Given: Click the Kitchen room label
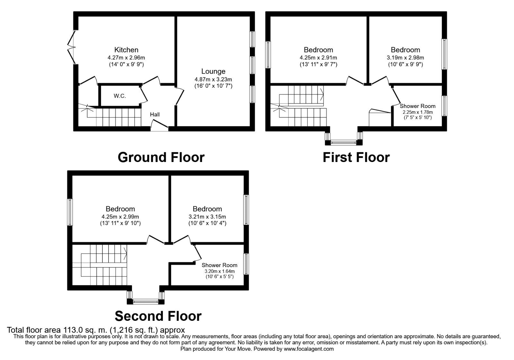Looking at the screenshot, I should pyautogui.click(x=126, y=50).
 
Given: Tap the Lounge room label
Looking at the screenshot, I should pyautogui.click(x=213, y=71).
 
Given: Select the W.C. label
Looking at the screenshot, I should pyautogui.click(x=120, y=96).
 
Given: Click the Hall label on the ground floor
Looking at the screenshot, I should pyautogui.click(x=155, y=114).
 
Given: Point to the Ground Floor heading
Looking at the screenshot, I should pyautogui.click(x=161, y=157).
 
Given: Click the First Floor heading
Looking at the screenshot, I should pyautogui.click(x=356, y=157).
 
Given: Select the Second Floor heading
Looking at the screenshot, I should pyautogui.click(x=158, y=316).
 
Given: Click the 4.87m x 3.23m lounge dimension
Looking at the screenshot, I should pyautogui.click(x=213, y=79).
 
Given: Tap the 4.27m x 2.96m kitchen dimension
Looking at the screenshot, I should pyautogui.click(x=126, y=58).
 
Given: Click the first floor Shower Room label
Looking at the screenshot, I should pyautogui.click(x=417, y=106).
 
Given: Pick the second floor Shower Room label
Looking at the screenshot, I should pyautogui.click(x=219, y=265).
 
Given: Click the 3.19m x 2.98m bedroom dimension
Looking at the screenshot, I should pyautogui.click(x=405, y=58).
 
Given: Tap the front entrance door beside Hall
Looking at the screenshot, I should pyautogui.click(x=159, y=126).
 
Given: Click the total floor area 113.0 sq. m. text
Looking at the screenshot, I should pyautogui.click(x=96, y=330).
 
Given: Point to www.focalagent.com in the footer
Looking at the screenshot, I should pyautogui.click(x=309, y=349).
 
